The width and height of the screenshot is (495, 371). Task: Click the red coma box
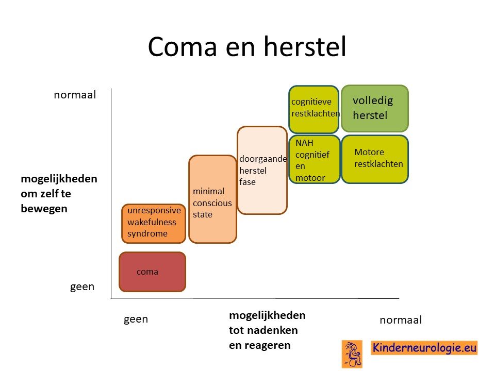(152, 272)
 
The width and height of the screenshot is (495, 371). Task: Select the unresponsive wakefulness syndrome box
(154, 224)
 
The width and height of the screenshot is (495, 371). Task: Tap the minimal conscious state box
(212, 199)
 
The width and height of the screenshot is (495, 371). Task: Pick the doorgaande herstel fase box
(262, 171)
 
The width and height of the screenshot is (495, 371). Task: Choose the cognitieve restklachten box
(314, 109)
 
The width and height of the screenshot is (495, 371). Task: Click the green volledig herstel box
(375, 108)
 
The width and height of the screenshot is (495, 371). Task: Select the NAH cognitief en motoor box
(315, 159)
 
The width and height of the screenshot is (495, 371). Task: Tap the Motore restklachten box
(375, 159)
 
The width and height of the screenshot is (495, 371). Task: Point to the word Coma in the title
(182, 46)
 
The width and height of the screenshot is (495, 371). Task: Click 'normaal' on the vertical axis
(75, 95)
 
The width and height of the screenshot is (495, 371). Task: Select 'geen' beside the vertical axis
(82, 287)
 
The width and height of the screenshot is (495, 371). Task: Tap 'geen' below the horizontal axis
(136, 319)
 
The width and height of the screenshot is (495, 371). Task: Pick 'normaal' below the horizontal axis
(401, 320)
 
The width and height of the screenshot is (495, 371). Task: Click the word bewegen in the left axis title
(44, 209)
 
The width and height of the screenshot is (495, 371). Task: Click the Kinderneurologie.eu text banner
(424, 348)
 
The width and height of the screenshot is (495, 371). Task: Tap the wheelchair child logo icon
(352, 354)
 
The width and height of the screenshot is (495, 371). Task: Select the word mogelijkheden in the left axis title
(59, 179)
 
